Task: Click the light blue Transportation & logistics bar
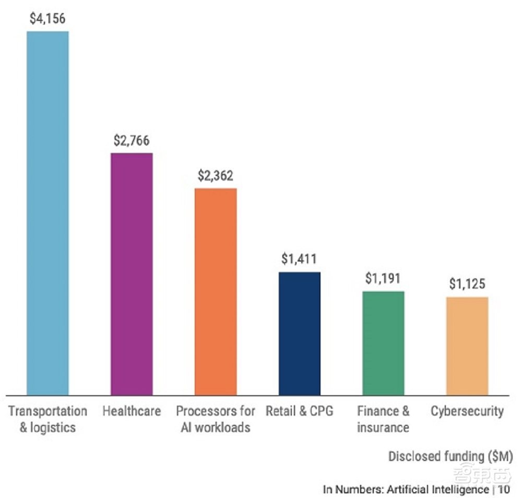[x=48, y=212]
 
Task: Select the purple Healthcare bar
[x=132, y=274]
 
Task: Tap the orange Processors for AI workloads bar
[x=216, y=291]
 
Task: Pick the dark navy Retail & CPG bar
[x=300, y=333]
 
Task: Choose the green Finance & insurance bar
[x=383, y=343]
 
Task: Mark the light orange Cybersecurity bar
[x=467, y=346]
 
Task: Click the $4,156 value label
[x=48, y=19]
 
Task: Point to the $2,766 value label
[x=132, y=141]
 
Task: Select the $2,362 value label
[x=216, y=176]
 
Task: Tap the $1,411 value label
[x=299, y=259]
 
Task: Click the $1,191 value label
[x=383, y=279]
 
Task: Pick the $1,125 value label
[x=467, y=285]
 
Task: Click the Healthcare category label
[x=132, y=411]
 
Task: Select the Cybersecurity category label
[x=467, y=411]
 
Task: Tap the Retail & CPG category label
[x=299, y=411]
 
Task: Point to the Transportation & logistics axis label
[x=48, y=419]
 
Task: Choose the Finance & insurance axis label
[x=383, y=419]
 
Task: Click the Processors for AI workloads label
[x=216, y=419]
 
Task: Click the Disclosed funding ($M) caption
[x=450, y=456]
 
